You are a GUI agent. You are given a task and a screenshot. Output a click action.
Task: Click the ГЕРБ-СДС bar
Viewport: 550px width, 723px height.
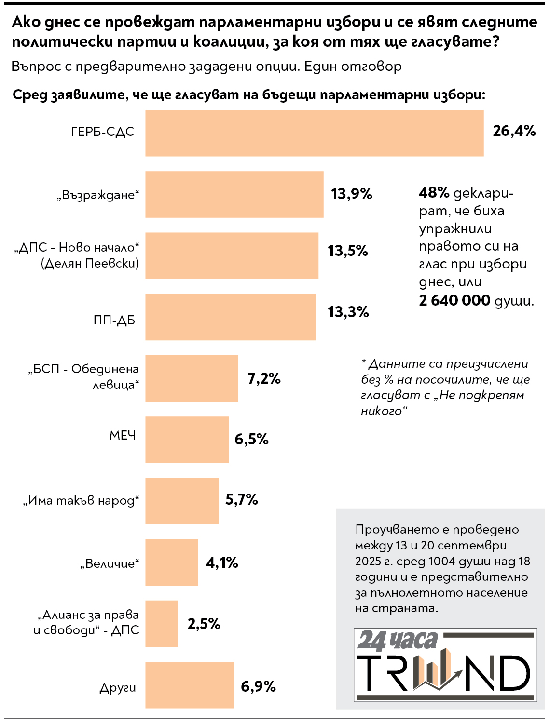pyautogui.click(x=314, y=133)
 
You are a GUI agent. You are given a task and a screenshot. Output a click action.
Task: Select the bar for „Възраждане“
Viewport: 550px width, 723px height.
pyautogui.click(x=234, y=194)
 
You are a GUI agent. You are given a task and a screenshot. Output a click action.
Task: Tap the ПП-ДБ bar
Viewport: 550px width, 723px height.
pyautogui.click(x=230, y=317)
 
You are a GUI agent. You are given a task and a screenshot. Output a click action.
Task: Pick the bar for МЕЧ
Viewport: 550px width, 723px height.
pyautogui.click(x=187, y=440)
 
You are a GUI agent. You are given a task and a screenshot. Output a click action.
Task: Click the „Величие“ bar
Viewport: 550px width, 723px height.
pyautogui.click(x=171, y=562)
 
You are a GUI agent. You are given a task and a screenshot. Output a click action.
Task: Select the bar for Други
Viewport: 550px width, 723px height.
pyautogui.click(x=189, y=685)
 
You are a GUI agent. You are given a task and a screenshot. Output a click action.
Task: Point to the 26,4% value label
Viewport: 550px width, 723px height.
pyautogui.click(x=514, y=131)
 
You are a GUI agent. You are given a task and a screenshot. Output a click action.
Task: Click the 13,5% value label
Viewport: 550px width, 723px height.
pyautogui.click(x=347, y=251)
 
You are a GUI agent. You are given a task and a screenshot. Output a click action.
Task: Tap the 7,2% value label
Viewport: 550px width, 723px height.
pyautogui.click(x=264, y=378)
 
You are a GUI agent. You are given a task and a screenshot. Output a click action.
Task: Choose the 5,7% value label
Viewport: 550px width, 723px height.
pyautogui.click(x=241, y=499)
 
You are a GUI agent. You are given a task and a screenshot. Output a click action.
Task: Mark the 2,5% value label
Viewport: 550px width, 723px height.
pyautogui.click(x=204, y=624)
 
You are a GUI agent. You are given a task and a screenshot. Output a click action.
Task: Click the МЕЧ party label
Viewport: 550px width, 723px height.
pyautogui.click(x=123, y=435)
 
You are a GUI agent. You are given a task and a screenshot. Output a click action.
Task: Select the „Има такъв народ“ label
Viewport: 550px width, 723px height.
pyautogui.click(x=81, y=501)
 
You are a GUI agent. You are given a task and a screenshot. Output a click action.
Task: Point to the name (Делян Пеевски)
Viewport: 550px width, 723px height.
pyautogui.click(x=90, y=263)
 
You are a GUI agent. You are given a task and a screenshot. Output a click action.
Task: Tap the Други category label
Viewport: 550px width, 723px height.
pyautogui.click(x=118, y=688)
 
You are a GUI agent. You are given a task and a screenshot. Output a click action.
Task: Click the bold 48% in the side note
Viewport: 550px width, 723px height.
pyautogui.click(x=434, y=193)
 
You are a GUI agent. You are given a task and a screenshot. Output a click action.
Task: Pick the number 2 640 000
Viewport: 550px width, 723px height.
pyautogui.click(x=454, y=300)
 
